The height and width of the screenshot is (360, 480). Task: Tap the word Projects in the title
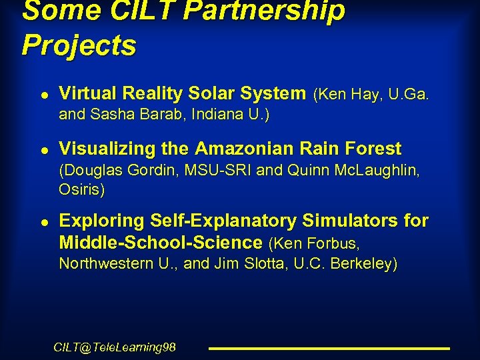(x=79, y=45)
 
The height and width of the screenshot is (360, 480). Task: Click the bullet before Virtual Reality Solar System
(x=43, y=94)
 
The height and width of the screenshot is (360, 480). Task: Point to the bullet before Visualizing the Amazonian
(x=43, y=149)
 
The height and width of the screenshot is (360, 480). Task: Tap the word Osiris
(x=81, y=189)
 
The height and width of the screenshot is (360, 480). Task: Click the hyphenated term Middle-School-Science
(x=161, y=242)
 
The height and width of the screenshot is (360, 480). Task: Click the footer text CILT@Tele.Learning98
(x=115, y=347)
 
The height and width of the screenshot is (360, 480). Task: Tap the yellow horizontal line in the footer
(x=329, y=348)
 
